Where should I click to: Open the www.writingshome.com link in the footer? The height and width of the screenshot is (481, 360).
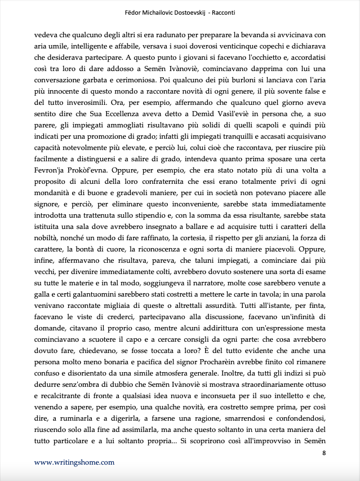(x=74, y=462)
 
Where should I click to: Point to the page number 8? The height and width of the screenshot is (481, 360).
(x=323, y=453)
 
